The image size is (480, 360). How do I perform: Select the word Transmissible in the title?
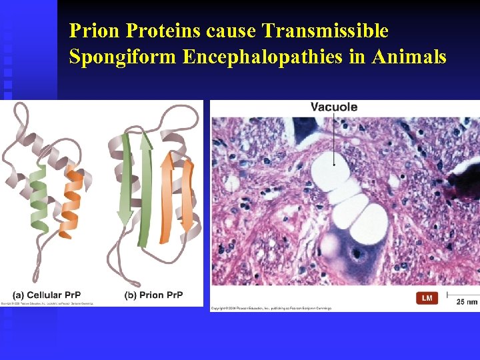[x=325, y=31]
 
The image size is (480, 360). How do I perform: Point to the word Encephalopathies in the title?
[x=263, y=57]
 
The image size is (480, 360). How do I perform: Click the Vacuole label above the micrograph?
[x=333, y=107]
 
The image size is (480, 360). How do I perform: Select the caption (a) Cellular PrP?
[x=47, y=295]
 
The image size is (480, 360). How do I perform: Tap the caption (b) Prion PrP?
[x=153, y=295]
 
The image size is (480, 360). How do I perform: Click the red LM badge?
[x=427, y=298]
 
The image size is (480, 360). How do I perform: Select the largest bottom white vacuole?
[x=369, y=223]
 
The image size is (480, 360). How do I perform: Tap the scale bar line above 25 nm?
[x=463, y=293]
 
